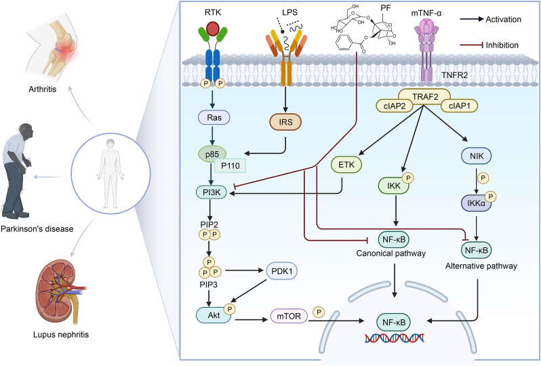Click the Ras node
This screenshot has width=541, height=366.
click(214, 118)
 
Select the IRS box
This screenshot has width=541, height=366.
click(285, 122)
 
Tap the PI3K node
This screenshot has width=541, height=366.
click(212, 192)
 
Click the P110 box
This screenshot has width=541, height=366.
click(230, 166)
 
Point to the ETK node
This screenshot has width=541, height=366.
click(346, 165)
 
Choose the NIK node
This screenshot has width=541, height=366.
click(477, 157)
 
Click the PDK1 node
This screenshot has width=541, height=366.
click(282, 271)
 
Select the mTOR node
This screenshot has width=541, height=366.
click(289, 316)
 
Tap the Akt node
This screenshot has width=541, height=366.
click(214, 315)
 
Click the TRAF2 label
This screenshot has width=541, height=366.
click(425, 97)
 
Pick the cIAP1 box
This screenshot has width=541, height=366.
click(459, 106)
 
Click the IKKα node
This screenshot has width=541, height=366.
click(477, 203)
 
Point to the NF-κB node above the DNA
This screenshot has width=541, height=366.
click(394, 323)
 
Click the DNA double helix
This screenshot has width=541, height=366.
click(395, 338)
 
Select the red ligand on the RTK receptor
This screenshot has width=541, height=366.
click(213, 29)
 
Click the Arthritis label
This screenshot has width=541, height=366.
click(43, 89)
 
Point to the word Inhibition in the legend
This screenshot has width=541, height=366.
click(502, 45)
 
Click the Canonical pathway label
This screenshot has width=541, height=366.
click(391, 253)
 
